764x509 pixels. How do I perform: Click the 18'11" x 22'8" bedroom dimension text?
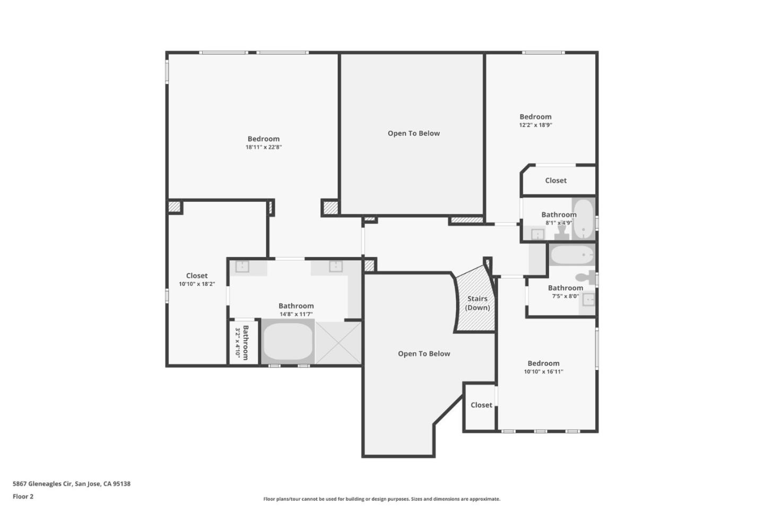click(263, 148)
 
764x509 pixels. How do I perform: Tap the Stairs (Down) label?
click(477, 303)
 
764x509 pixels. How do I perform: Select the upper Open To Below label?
click(413, 133)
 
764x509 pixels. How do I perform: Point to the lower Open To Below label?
click(424, 353)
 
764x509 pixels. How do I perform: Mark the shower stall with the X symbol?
click(338, 343)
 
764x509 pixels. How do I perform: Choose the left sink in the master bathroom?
click(242, 266)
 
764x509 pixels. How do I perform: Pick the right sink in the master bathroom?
click(335, 266)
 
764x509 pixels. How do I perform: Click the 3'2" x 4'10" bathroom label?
click(242, 342)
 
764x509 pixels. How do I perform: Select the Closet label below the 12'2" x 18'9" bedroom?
click(555, 180)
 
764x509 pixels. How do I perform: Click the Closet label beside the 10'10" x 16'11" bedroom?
click(481, 405)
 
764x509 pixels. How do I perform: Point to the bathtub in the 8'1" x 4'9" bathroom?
click(584, 218)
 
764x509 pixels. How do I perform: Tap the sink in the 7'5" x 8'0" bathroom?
click(588, 300)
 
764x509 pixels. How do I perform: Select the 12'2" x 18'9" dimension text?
click(535, 125)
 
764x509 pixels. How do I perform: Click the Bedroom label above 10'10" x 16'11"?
click(543, 363)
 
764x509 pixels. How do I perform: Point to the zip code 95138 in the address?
click(121, 484)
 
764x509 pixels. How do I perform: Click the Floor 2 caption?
click(23, 496)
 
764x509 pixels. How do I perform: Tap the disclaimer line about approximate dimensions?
click(381, 499)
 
